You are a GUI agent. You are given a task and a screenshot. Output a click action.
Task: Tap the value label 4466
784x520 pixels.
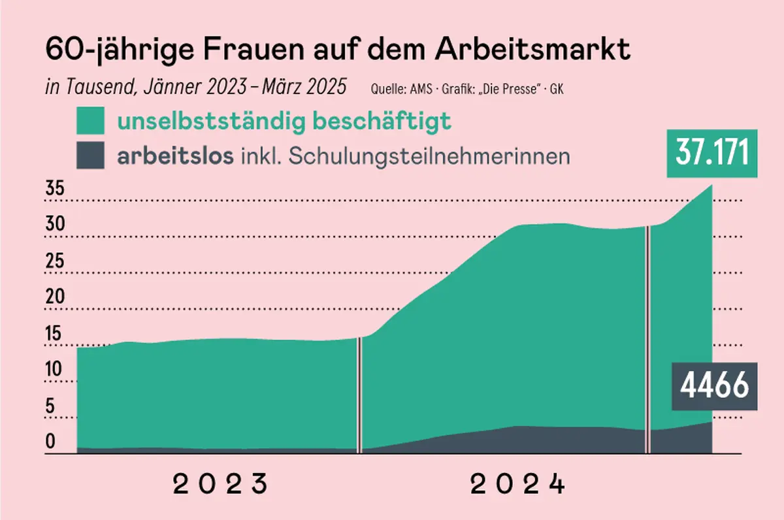pos(714,386)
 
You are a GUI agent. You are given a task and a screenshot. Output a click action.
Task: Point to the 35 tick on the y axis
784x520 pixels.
pos(55,189)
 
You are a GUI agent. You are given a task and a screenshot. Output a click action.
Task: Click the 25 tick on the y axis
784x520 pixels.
pos(55,261)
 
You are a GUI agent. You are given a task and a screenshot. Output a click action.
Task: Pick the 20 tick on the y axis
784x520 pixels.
pos(55,297)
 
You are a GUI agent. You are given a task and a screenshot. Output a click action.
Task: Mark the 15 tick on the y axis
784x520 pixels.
pos(55,334)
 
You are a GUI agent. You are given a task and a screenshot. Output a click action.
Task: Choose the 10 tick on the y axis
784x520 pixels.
pos(55,370)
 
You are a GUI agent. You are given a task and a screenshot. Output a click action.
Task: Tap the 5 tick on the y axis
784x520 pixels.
pos(51,406)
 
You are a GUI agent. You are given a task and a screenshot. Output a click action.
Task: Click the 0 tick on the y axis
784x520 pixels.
pos(51,442)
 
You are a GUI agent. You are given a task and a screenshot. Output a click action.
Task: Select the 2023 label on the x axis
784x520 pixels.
pos(221,485)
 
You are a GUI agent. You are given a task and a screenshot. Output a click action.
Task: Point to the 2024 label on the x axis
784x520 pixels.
pos(518,485)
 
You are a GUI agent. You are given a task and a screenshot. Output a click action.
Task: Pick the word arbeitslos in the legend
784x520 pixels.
pos(174,157)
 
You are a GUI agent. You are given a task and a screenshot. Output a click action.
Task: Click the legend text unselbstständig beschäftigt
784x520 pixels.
pos(284,122)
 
